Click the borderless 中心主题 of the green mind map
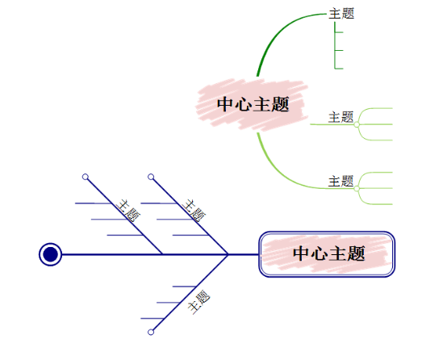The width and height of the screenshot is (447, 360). tap(253, 105)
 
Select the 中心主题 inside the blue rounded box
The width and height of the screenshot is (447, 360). tap(328, 254)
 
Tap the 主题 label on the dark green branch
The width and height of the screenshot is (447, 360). tap(341, 14)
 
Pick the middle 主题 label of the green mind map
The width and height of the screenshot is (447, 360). tap(340, 117)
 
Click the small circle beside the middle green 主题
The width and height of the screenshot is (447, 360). tap(357, 123)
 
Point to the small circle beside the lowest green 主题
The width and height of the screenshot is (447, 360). tap(357, 187)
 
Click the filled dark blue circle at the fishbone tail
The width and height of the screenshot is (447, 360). tap(50, 254)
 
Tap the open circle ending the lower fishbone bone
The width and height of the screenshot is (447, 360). tap(151, 332)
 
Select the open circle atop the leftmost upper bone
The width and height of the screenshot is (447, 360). tap(86, 176)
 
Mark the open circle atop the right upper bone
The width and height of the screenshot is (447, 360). tap(151, 176)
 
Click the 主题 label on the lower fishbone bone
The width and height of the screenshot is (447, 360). tap(198, 303)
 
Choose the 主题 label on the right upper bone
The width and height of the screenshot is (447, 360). tap(194, 210)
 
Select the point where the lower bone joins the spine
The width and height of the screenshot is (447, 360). tap(228, 254)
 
